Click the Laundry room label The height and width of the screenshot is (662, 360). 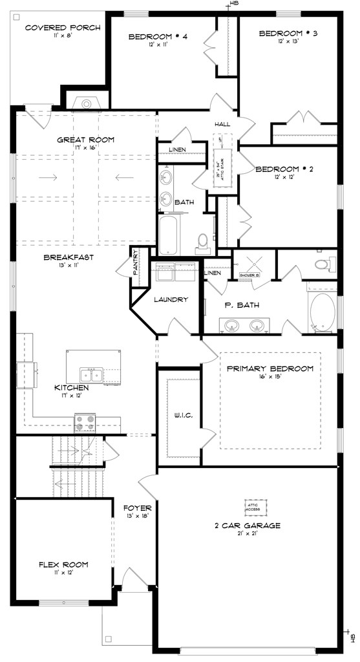[171, 299]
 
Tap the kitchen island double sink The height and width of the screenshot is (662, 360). [90, 374]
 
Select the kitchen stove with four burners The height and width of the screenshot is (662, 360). [85, 422]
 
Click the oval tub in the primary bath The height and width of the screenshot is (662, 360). [321, 314]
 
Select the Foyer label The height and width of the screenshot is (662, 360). [137, 507]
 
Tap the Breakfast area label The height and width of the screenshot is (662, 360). [69, 257]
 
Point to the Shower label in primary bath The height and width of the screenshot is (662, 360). [249, 275]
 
